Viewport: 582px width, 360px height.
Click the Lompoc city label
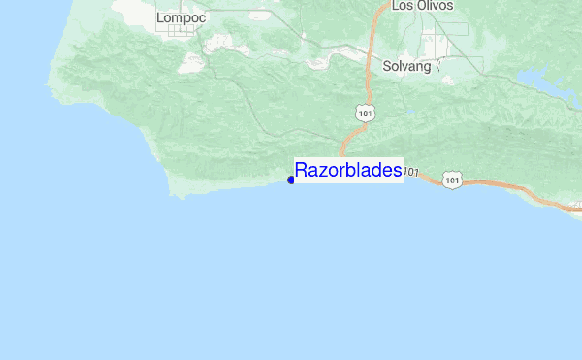[176, 16]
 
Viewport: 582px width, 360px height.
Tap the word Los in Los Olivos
[403, 6]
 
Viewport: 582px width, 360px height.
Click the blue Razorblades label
[347, 171]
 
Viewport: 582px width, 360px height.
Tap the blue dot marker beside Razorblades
[291, 180]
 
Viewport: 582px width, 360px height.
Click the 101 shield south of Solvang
[364, 114]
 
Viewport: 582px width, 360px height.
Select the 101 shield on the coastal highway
[453, 180]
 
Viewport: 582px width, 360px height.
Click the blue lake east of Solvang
[538, 80]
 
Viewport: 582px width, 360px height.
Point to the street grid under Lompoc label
[178, 32]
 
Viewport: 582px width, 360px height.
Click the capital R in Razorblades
[302, 171]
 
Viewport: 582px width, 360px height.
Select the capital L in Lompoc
[160, 16]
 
